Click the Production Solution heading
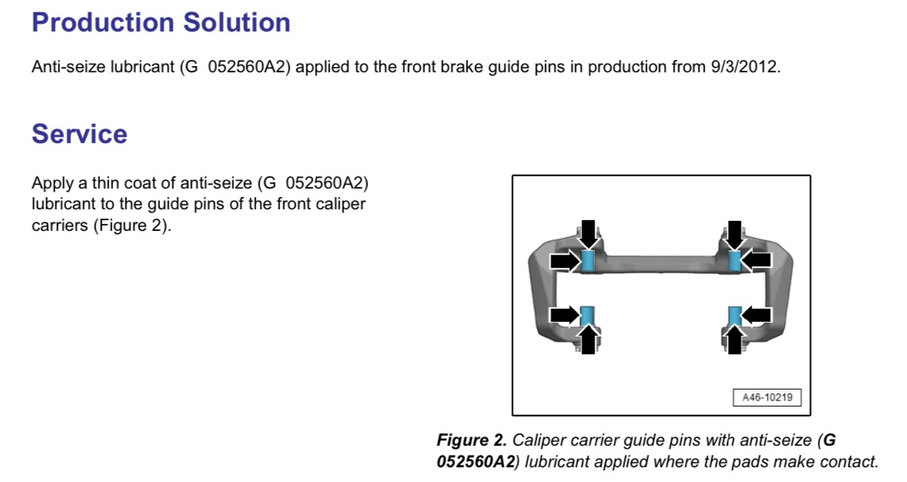161,22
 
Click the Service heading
79,134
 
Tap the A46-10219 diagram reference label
767,397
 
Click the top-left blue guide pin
587,261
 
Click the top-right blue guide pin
735,261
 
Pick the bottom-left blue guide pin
587,316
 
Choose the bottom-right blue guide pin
735,316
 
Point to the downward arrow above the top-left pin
587,234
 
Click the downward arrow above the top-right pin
735,234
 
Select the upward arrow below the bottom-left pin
587,340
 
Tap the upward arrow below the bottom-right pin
735,340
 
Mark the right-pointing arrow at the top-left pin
565,261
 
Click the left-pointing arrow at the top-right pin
757,261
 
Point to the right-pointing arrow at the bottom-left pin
565,316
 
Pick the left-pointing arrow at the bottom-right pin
757,316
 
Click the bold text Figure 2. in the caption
471,440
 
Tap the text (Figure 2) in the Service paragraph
132,225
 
